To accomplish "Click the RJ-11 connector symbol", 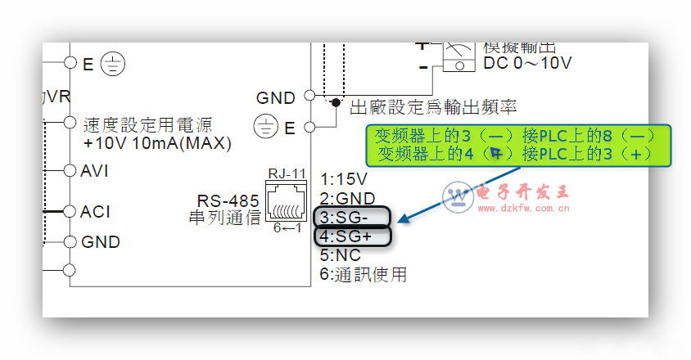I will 286,200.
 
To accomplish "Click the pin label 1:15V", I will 344,179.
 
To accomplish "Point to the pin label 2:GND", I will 347,199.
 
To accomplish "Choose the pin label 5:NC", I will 341,256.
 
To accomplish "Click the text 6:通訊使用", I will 363,275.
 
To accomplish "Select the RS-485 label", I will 228,201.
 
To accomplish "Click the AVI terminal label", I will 95,171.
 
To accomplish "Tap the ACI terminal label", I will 95,212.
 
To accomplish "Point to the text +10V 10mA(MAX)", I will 157,144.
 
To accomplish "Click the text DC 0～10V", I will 529,63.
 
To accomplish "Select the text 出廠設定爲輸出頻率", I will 433,107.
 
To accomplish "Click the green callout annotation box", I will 517,144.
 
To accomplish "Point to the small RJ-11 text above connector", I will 286,173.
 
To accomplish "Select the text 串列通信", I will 224,218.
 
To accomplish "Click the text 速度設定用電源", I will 147,125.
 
